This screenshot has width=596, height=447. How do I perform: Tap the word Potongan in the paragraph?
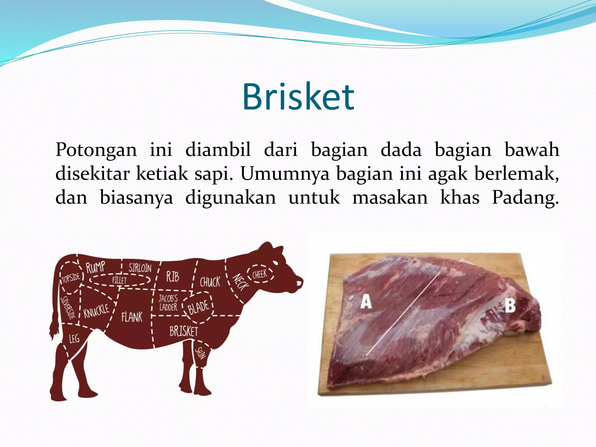click(96, 150)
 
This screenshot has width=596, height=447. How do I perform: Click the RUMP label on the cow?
click(95, 267)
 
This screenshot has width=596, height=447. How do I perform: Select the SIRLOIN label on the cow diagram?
click(140, 268)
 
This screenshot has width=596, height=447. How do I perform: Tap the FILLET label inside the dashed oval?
click(120, 281)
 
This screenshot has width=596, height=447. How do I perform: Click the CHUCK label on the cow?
click(210, 282)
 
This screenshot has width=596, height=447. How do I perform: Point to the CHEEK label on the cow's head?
click(260, 274)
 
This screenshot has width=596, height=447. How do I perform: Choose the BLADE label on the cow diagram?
click(198, 307)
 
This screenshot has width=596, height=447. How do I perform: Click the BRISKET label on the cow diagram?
click(184, 331)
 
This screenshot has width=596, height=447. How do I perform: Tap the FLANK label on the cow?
click(132, 317)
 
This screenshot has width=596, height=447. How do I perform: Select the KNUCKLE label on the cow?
click(96, 311)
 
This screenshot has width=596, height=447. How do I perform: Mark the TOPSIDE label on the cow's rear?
click(71, 278)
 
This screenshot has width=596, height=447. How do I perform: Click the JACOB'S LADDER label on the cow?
click(168, 303)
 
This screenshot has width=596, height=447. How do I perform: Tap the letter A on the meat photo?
click(366, 302)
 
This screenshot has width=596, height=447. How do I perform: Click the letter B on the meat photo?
click(510, 306)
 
